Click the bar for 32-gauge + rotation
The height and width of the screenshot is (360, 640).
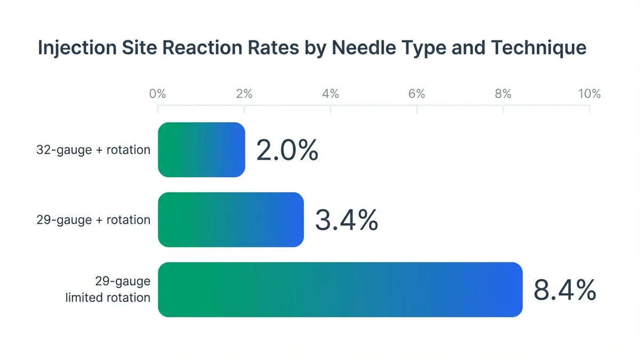click(202, 150)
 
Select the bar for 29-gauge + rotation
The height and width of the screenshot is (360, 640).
click(231, 220)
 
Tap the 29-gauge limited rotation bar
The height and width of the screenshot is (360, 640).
click(340, 290)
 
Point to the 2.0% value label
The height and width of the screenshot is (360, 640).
click(287, 151)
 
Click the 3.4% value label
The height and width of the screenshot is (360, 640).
click(346, 220)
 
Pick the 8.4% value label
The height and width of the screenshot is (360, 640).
click(564, 291)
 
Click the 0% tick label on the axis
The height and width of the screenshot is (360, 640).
click(158, 94)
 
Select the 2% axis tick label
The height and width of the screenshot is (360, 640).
click(244, 94)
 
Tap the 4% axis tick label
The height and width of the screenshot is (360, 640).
click(331, 94)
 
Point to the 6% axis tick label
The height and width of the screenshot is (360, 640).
click(417, 94)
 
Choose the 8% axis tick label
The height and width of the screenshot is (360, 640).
click(503, 94)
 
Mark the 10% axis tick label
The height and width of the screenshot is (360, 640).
click(589, 94)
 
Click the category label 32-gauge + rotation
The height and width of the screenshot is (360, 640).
click(93, 150)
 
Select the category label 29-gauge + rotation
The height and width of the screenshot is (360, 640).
click(93, 220)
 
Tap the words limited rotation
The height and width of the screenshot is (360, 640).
click(108, 298)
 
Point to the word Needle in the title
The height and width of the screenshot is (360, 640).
click(362, 48)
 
